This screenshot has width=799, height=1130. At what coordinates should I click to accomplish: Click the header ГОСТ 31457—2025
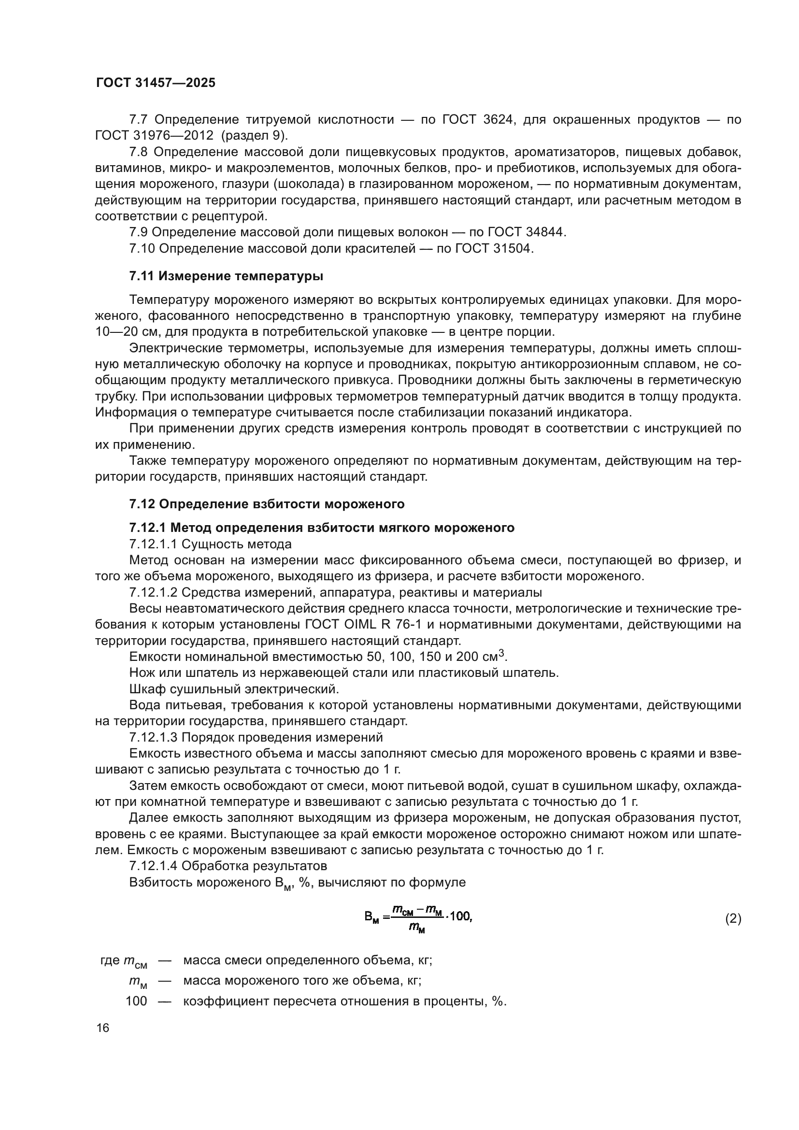(156, 83)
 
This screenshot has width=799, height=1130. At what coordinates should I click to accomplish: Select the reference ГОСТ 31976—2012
(154, 135)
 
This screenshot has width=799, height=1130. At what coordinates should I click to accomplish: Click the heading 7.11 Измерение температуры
(226, 276)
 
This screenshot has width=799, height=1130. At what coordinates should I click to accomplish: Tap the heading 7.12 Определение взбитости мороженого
(267, 504)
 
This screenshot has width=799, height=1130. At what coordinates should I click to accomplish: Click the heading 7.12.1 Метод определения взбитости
(321, 528)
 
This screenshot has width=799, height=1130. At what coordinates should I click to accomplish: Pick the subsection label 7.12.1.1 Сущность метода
(210, 544)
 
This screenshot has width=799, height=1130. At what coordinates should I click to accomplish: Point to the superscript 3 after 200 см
(501, 653)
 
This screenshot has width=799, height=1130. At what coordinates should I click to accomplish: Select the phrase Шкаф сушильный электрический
(234, 689)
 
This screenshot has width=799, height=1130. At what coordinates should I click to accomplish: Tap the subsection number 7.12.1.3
(153, 737)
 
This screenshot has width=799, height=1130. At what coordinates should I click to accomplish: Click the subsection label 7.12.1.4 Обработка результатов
(228, 866)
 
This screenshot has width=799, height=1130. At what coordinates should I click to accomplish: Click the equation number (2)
(733, 918)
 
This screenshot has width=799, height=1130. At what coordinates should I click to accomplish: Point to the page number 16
(103, 1028)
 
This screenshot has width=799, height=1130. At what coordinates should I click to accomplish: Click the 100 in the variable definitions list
(136, 1001)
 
